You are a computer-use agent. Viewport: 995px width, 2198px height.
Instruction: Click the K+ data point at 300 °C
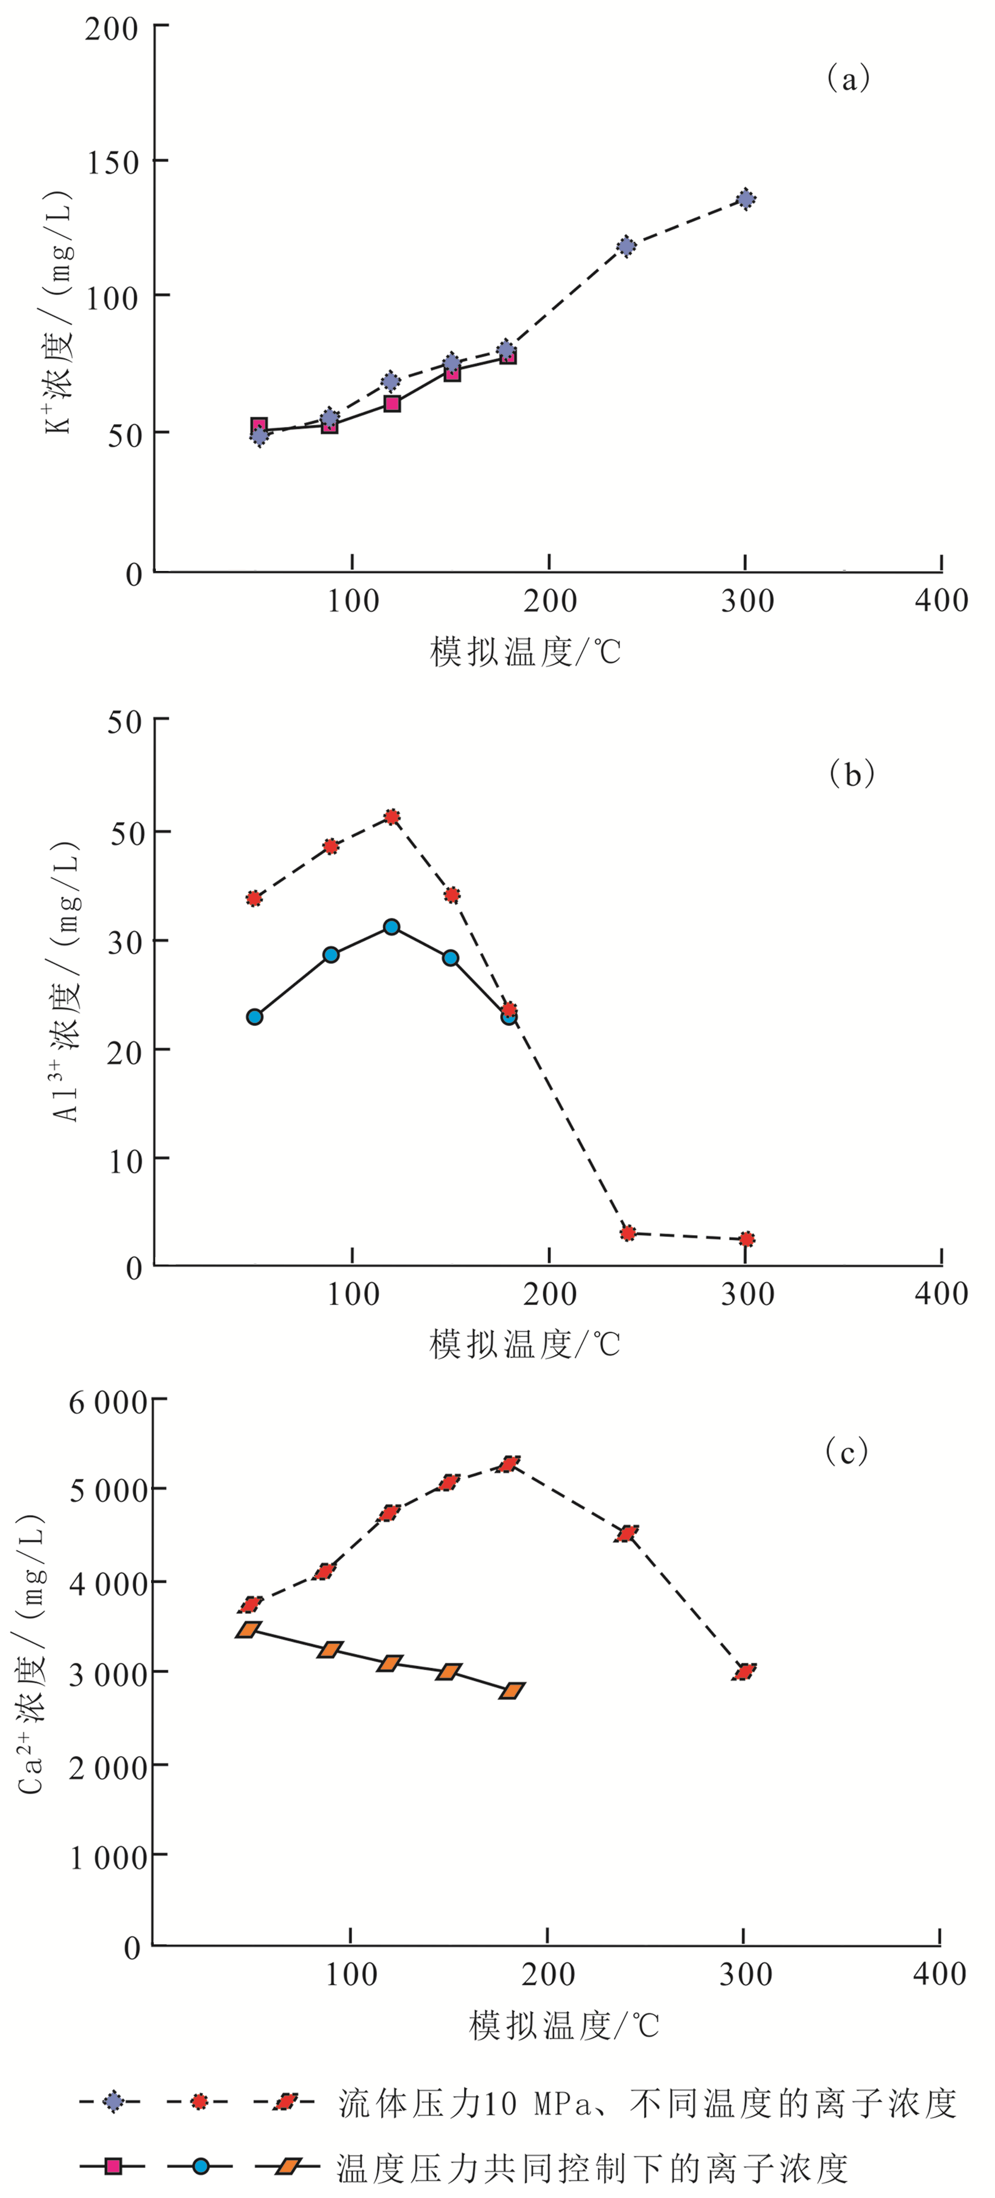point(746,199)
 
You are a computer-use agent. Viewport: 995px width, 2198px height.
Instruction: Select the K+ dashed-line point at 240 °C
point(626,246)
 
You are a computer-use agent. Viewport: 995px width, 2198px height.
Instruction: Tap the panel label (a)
point(848,78)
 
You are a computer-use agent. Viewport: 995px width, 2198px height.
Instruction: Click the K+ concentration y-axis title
point(59,312)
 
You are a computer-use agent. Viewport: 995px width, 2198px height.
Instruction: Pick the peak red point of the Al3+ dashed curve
point(392,817)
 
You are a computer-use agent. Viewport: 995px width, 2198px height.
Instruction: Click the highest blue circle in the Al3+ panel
point(392,927)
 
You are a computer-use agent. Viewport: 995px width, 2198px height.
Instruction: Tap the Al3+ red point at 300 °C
point(747,1239)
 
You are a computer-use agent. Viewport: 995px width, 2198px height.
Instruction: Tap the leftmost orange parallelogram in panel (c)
point(248,1630)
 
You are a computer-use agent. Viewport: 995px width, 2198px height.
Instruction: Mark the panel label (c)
point(847,1451)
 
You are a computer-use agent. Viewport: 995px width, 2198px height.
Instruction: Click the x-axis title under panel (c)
point(564,2025)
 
